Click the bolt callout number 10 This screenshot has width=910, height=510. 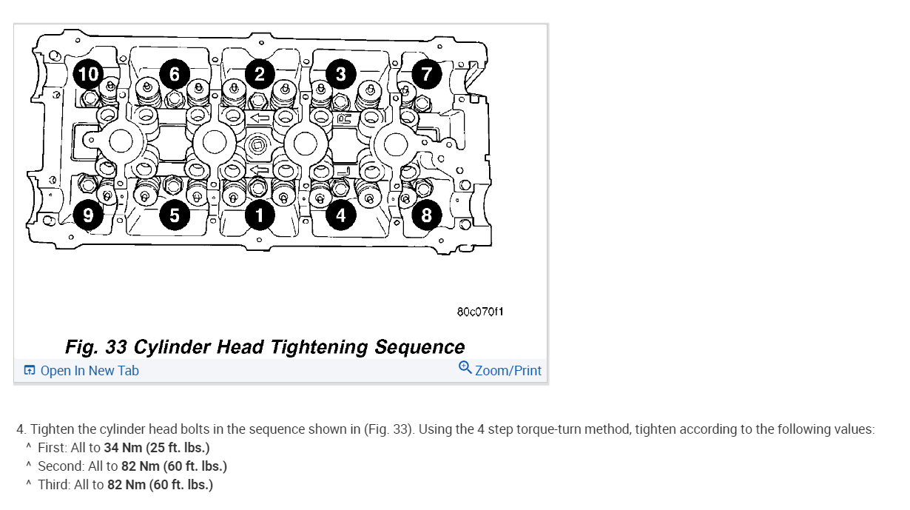89,73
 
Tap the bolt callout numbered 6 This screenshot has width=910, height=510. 175,73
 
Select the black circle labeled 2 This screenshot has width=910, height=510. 260,73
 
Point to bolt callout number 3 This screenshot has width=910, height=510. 340,73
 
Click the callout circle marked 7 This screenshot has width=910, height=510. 426,73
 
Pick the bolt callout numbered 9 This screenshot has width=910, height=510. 89,215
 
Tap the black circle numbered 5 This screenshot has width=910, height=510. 175,215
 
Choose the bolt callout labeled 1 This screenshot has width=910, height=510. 260,215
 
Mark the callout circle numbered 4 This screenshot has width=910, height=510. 340,215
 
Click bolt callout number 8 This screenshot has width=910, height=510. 426,215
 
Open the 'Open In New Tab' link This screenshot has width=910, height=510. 89,371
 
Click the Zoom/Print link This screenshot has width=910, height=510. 508,371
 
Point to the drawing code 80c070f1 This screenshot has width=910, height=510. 481,312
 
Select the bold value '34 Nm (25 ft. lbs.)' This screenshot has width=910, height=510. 157,448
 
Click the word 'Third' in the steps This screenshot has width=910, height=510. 53,485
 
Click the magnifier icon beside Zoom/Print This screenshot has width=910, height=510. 465,368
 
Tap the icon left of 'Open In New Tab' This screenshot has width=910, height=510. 30,371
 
